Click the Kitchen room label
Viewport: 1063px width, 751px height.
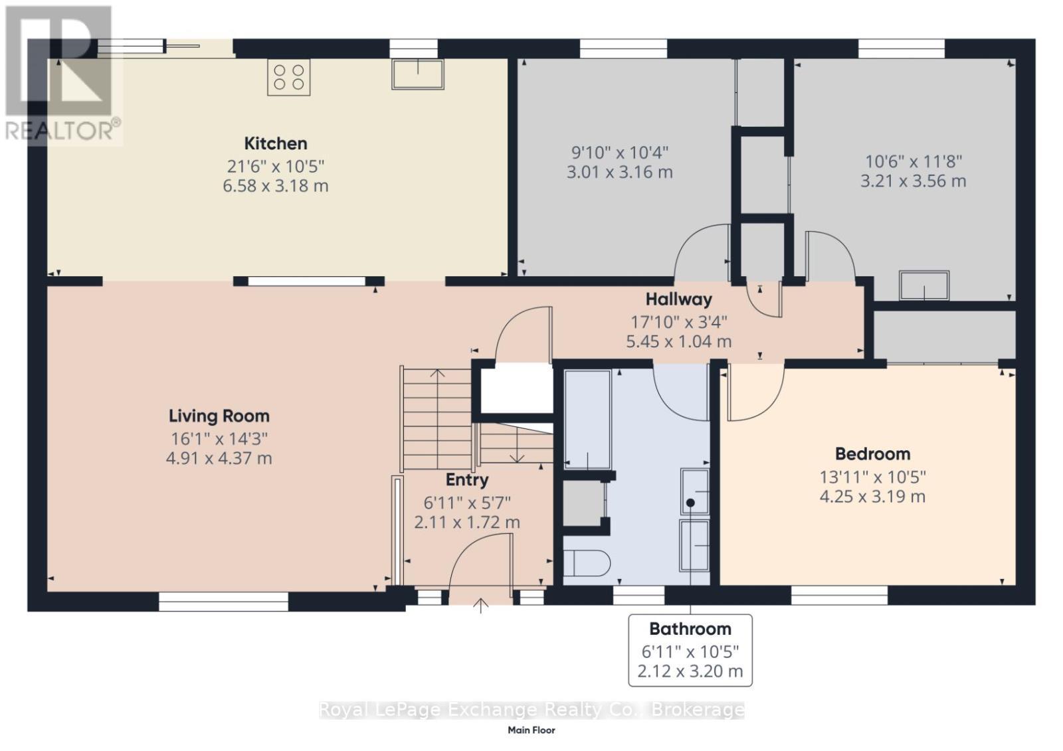275,143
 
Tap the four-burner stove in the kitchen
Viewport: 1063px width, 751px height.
289,77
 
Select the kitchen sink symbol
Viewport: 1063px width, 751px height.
417,74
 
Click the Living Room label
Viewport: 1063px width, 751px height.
219,416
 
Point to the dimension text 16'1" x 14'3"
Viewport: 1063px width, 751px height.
219,438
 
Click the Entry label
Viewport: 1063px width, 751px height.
467,479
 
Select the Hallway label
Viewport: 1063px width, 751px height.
678,299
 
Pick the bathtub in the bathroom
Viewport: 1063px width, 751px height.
587,420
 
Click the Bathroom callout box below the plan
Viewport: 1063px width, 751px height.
690,650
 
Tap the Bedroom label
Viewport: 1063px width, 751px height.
872,454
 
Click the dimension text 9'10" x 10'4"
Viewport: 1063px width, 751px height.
619,153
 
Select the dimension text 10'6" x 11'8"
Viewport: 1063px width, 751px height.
913,161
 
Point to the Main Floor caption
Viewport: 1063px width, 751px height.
531,730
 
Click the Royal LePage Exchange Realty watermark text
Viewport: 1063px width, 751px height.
531,710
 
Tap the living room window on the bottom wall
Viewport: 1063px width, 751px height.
223,602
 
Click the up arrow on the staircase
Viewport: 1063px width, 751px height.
436,373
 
